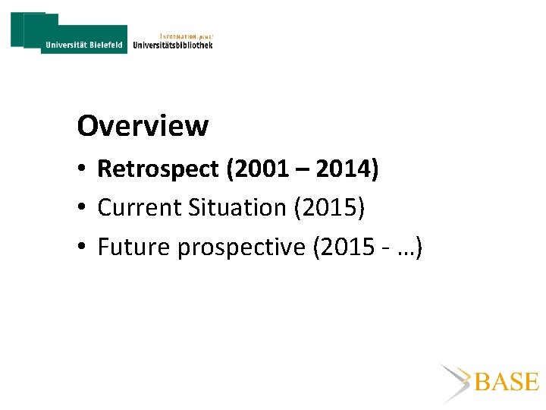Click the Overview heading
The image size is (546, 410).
coord(143,126)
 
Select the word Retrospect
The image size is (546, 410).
coord(158,169)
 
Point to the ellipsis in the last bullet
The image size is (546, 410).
coord(406,248)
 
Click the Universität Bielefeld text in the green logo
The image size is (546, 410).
coord(83,45)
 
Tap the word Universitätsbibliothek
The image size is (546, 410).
coord(173,45)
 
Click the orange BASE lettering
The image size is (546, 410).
coord(507,382)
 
